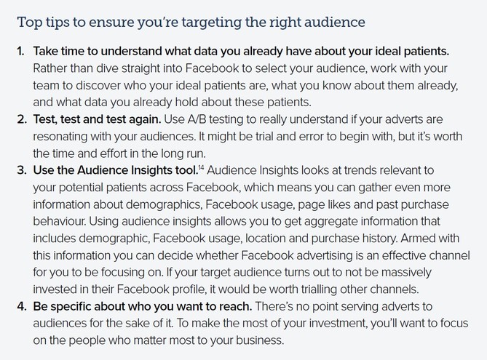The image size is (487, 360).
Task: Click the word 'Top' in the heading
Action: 30,23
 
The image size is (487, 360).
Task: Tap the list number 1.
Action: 21,51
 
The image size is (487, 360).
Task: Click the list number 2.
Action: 22,119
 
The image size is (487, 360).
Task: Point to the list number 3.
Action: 22,170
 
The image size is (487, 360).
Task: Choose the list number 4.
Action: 22,306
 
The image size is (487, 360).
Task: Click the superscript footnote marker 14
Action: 201,167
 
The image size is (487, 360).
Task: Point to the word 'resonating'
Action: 60,136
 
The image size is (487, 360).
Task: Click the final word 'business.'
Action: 260,340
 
